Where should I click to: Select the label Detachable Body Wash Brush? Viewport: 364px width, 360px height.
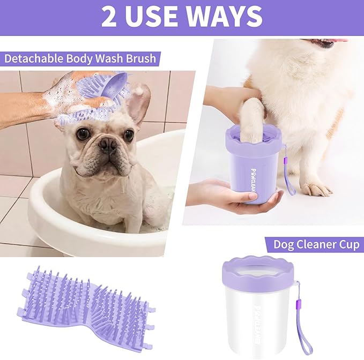80,58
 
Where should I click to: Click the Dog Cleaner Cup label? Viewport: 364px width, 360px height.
315,245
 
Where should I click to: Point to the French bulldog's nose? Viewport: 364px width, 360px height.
108,143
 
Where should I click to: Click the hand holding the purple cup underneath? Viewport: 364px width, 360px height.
236,198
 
